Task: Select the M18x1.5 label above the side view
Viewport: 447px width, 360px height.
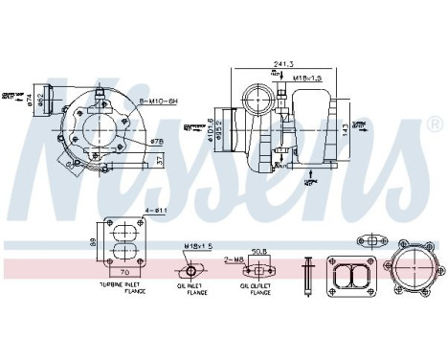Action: pyautogui.click(x=305, y=79)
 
